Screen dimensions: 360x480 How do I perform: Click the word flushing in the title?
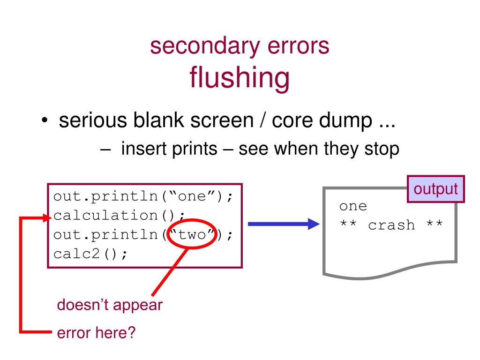[239, 78]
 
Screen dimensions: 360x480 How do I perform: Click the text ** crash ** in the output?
[391, 225]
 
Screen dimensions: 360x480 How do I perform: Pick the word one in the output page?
[353, 206]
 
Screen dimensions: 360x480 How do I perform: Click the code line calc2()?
[90, 254]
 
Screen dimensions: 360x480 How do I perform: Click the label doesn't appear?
[110, 305]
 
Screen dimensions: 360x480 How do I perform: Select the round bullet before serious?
[44, 122]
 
